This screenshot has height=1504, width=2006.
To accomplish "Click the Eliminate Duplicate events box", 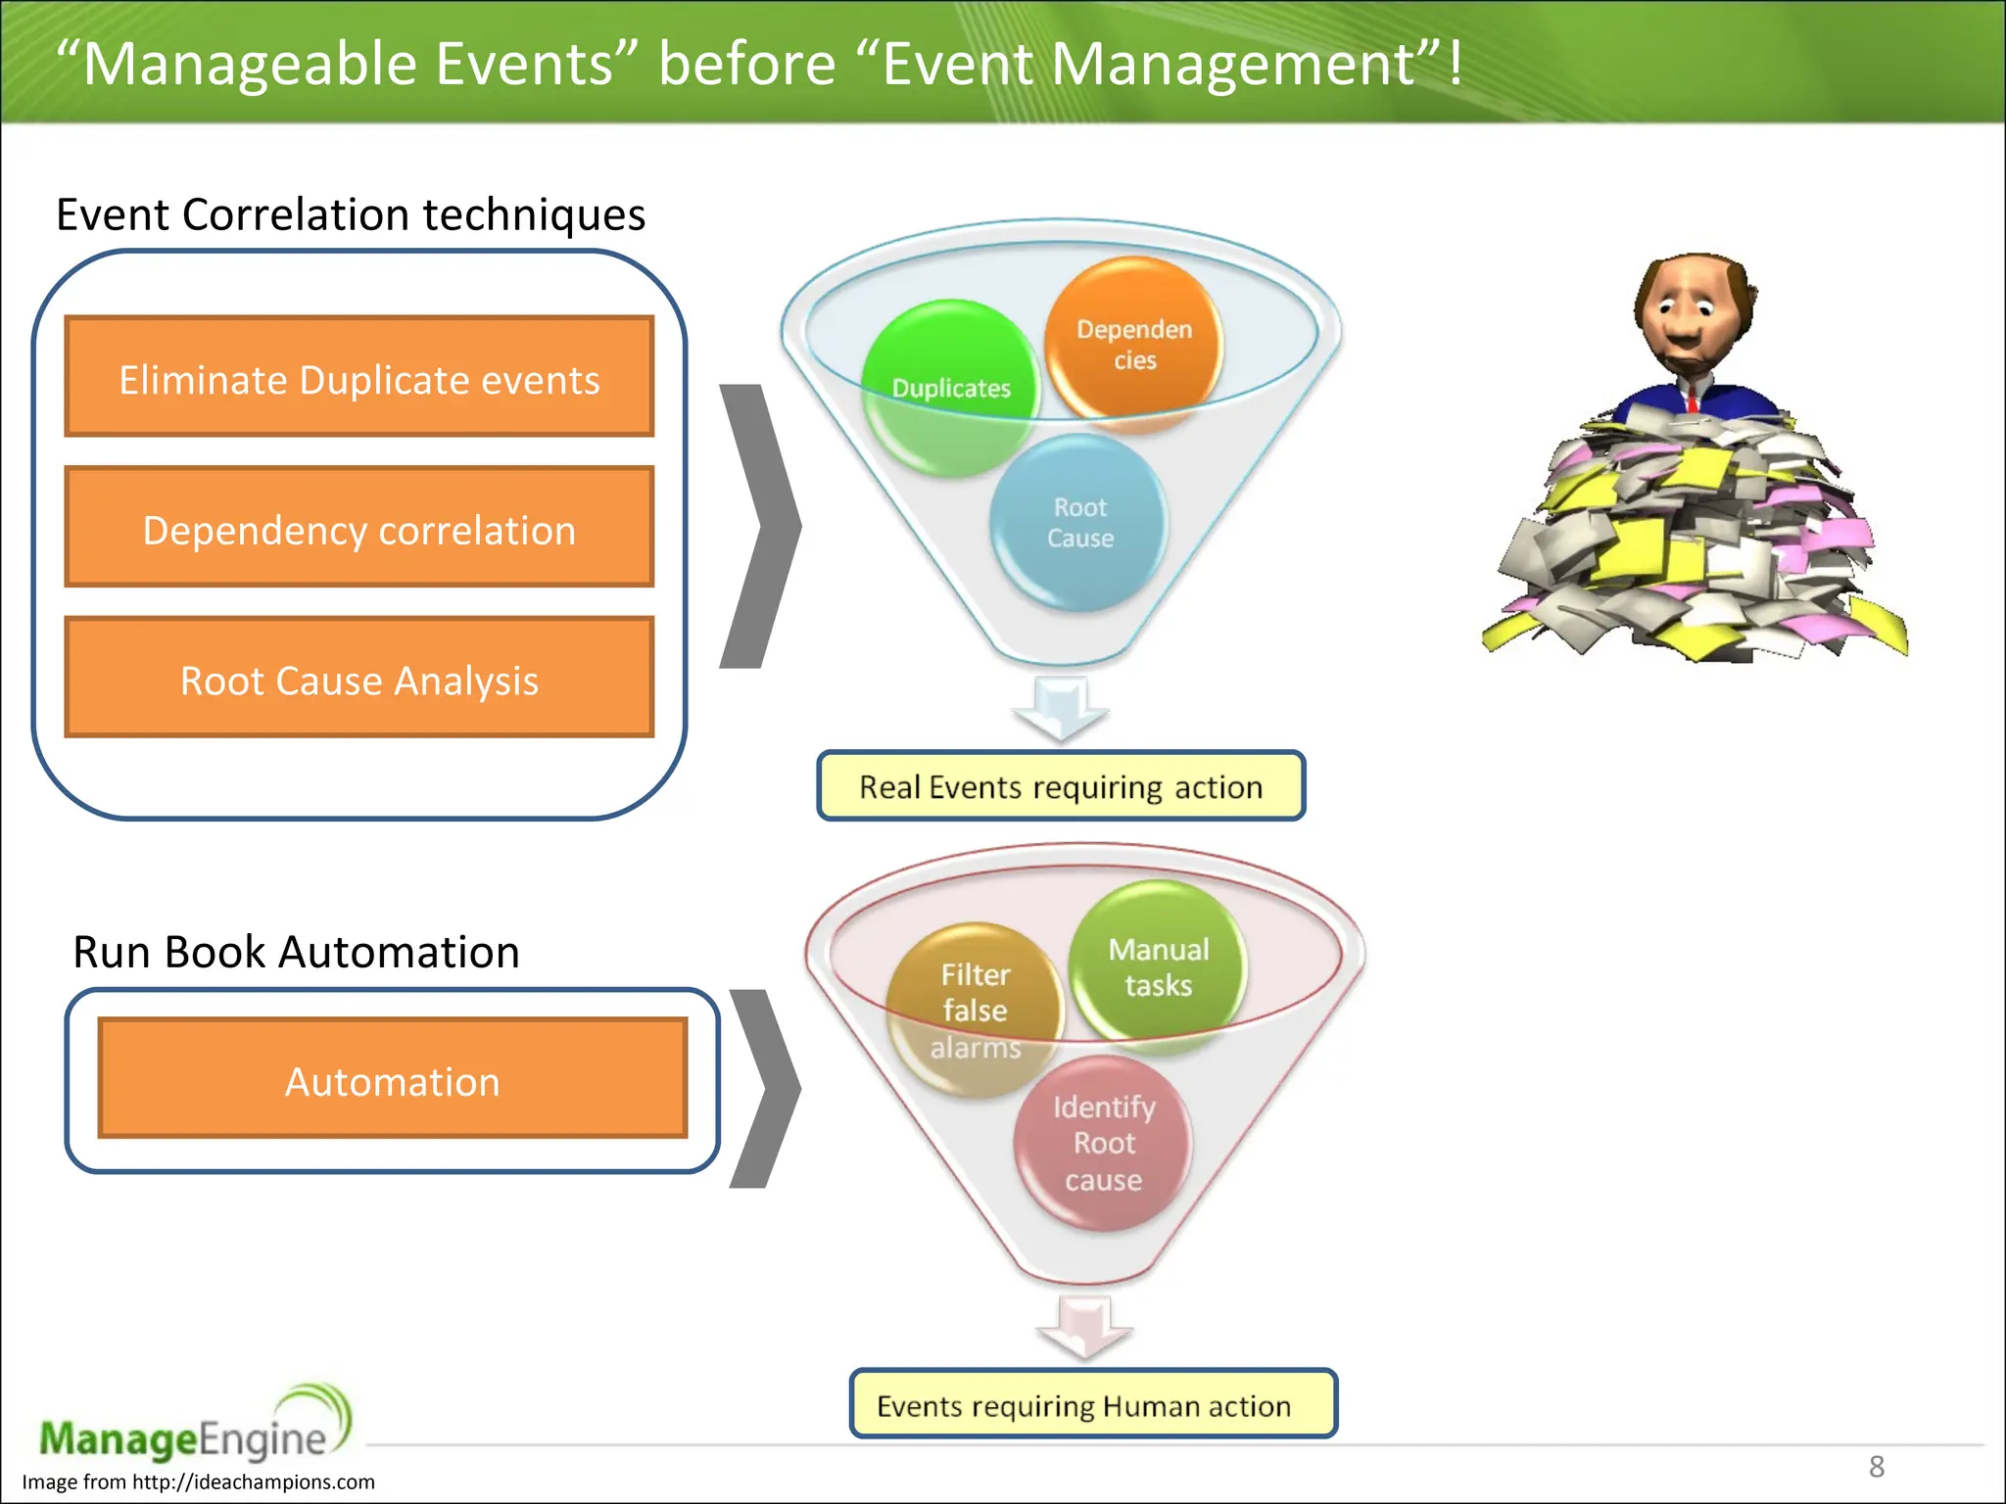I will point(358,377).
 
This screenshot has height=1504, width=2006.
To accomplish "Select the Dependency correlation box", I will point(358,528).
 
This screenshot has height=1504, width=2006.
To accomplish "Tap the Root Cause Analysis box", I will point(358,678).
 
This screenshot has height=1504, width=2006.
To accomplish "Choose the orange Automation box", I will point(392,1079).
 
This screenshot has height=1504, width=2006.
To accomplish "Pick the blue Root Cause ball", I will point(1079,523).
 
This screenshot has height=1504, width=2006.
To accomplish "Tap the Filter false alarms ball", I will point(975,1009).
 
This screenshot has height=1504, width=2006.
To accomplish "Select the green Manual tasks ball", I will point(1158,964).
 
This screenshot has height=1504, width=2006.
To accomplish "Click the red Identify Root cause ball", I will point(1103,1143).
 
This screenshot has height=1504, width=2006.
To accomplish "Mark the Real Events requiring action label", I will point(1061,786).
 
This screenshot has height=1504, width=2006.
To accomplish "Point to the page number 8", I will point(1876,1467).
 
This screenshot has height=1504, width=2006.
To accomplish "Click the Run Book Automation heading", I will point(296,952).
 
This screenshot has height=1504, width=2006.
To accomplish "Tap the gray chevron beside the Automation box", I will point(766,1087).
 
